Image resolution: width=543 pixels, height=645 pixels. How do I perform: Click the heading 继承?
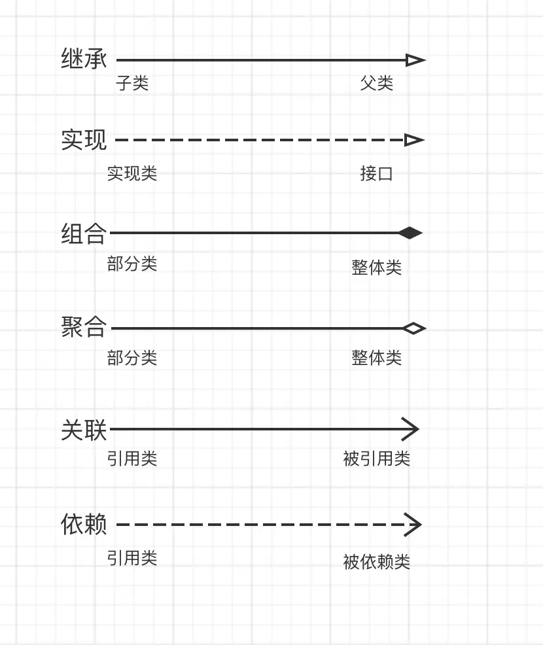[84, 58]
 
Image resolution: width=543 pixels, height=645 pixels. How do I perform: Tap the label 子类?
[132, 83]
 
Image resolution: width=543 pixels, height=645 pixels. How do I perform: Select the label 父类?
[377, 83]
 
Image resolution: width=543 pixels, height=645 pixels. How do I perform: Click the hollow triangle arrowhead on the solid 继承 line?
[415, 60]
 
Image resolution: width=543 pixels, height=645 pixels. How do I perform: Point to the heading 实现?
[84, 140]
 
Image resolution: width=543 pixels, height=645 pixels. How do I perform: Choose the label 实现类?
[132, 173]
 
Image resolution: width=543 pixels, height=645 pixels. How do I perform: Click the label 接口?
[376, 173]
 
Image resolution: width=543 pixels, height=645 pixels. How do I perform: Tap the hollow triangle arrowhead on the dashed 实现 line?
[414, 140]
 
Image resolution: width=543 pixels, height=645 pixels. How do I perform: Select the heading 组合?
[84, 234]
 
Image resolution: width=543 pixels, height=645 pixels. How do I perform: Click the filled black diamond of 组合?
[411, 233]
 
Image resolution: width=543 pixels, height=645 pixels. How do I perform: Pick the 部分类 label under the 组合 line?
[132, 264]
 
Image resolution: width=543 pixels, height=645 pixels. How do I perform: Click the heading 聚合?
[84, 327]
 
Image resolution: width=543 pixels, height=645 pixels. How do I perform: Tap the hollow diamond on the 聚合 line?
[414, 328]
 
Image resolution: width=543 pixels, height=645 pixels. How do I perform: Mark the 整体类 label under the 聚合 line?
[376, 357]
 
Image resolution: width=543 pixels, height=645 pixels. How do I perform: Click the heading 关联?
[84, 430]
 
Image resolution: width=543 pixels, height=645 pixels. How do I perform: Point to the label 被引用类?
[376, 459]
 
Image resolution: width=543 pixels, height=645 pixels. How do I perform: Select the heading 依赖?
[84, 524]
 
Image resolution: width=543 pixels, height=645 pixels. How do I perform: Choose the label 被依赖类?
[376, 561]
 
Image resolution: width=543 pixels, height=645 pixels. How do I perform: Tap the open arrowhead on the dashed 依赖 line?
[413, 525]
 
